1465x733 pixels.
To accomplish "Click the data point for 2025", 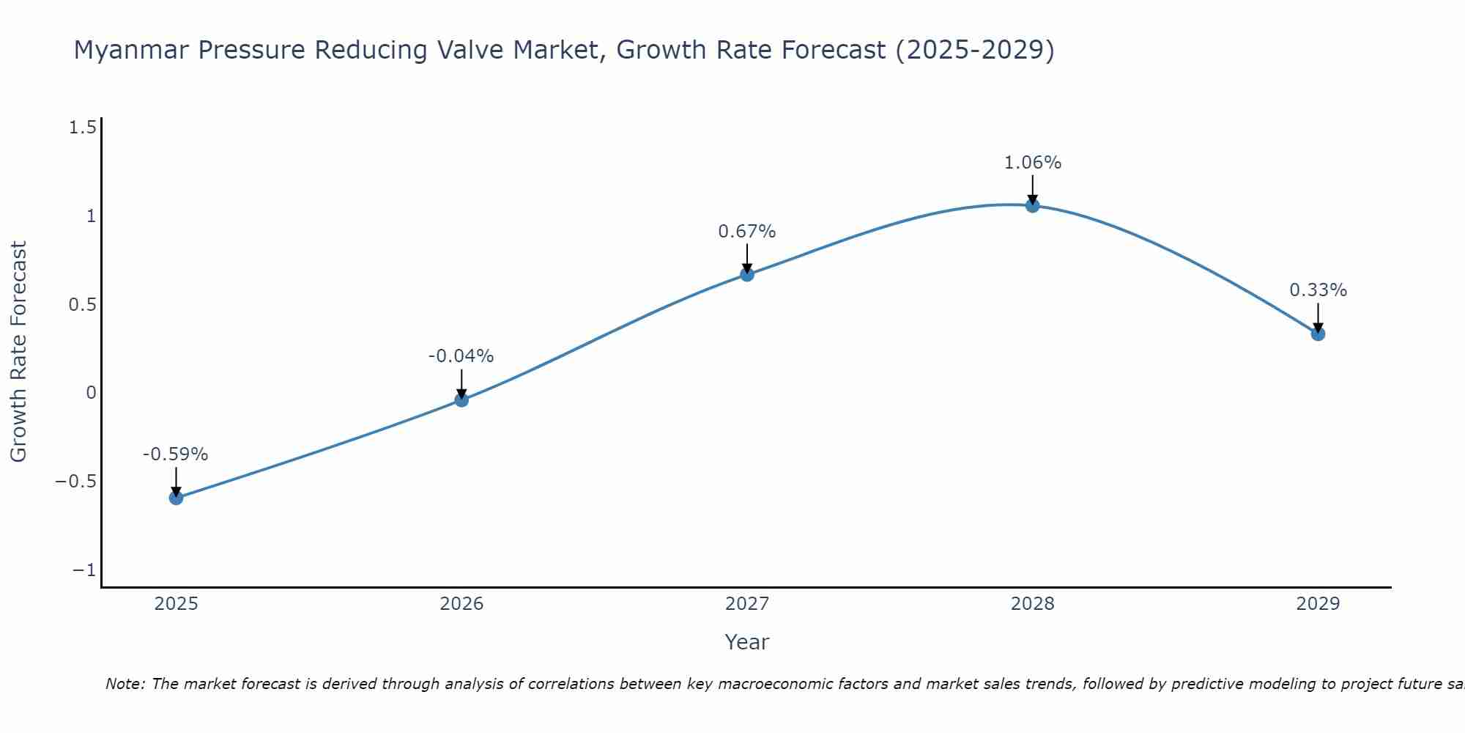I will (x=176, y=498).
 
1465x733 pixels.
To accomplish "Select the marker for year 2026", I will (x=461, y=399).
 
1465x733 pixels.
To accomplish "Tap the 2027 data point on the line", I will (x=747, y=274).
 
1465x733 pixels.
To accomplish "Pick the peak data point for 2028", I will (x=1033, y=205).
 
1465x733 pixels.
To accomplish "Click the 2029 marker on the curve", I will (x=1318, y=334).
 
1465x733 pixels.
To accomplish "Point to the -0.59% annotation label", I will (x=175, y=454).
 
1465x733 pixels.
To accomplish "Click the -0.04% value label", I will (x=461, y=356).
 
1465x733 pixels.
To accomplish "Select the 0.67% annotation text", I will (x=746, y=232).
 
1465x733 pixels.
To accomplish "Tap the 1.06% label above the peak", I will (x=1032, y=163).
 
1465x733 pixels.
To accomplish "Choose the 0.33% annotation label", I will (x=1318, y=290).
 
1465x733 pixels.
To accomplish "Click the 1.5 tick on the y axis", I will (x=82, y=128).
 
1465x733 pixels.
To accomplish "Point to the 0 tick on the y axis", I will (x=91, y=393).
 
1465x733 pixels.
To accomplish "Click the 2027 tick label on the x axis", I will (x=746, y=604).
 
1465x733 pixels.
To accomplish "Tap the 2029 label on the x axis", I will (x=1318, y=604).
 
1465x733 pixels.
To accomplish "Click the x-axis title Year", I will (x=746, y=642).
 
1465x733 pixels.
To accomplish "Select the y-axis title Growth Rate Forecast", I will (x=18, y=352).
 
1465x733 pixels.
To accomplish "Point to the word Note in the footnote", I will (x=125, y=684).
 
